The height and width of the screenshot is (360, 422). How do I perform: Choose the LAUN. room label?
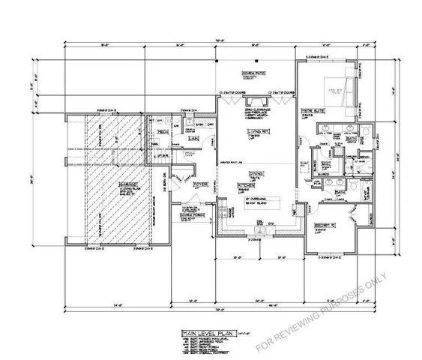(x=193, y=138)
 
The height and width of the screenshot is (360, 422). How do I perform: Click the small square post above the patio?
(x=257, y=59)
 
